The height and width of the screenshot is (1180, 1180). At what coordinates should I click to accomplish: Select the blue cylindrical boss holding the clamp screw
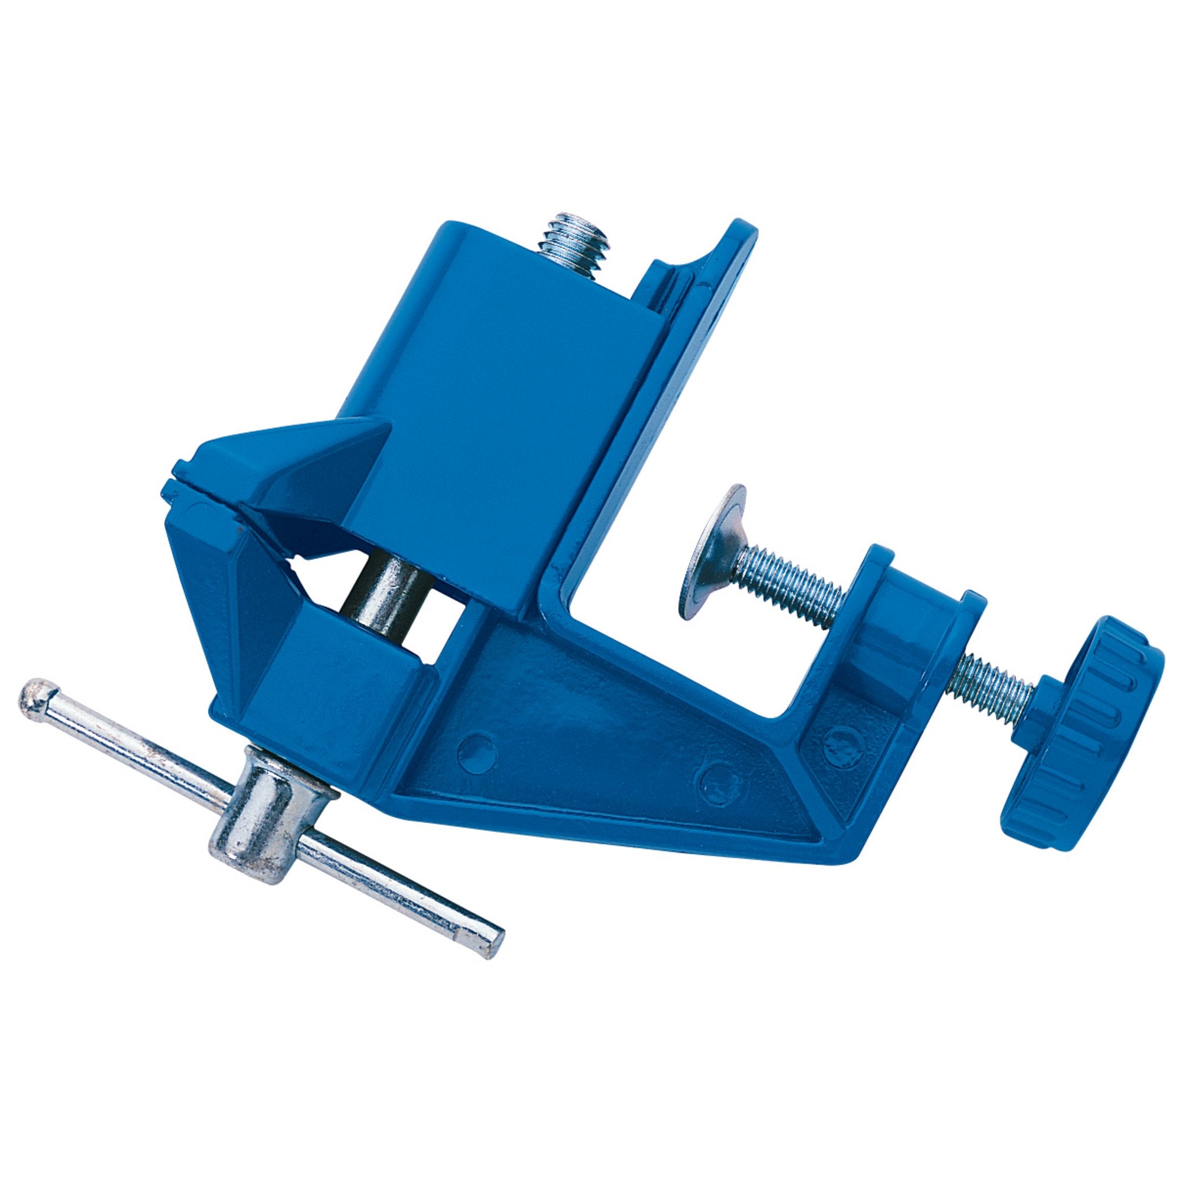tap(898, 617)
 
